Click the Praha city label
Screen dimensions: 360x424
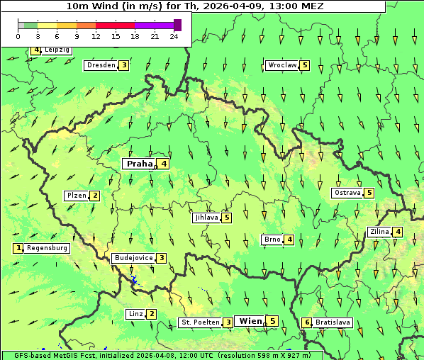click(x=139, y=164)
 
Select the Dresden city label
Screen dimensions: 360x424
click(x=101, y=65)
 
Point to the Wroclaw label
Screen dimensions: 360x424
click(x=282, y=65)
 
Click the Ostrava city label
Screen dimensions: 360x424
click(x=347, y=193)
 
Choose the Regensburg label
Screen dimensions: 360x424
click(x=48, y=248)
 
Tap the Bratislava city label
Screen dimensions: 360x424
click(x=333, y=322)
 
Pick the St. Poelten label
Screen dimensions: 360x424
click(x=200, y=322)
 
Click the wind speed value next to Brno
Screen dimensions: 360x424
click(x=290, y=240)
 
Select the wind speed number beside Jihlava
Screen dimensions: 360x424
click(x=227, y=218)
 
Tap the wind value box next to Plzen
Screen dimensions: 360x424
click(x=95, y=196)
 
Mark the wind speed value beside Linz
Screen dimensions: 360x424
click(x=152, y=314)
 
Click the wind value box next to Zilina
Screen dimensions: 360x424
click(x=398, y=232)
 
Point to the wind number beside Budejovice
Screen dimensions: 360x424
click(x=162, y=258)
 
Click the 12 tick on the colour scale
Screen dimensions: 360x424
click(x=96, y=35)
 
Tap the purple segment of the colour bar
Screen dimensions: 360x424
click(x=155, y=25)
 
